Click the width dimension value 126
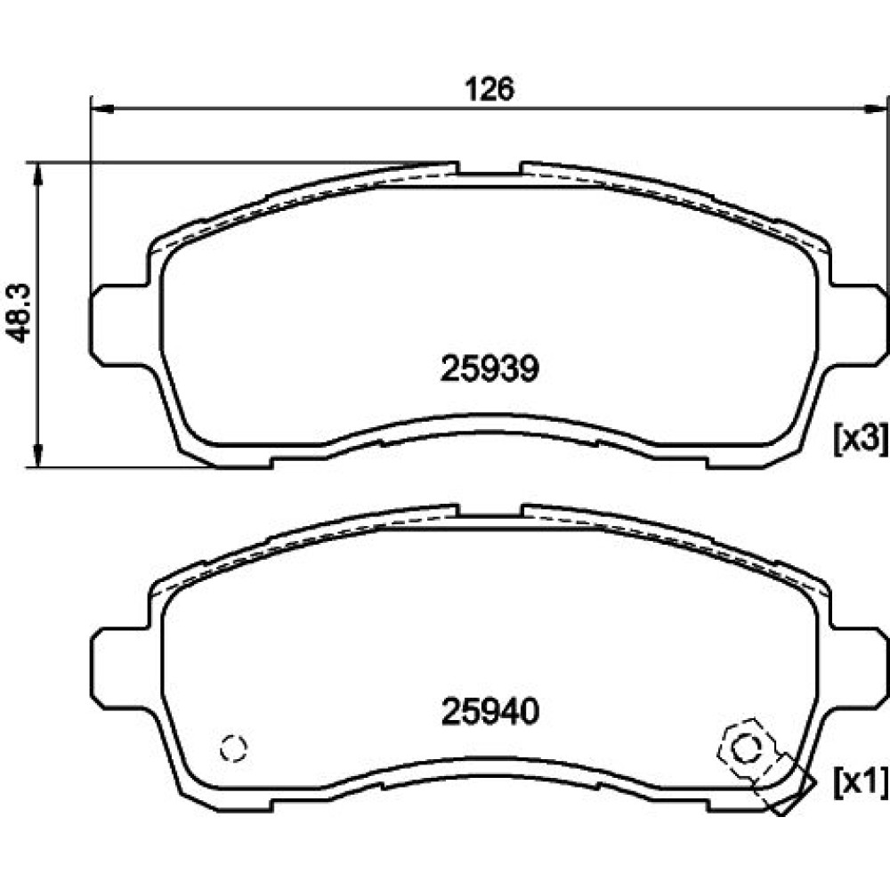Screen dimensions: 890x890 (x=489, y=89)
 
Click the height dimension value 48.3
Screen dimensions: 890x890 (x=18, y=312)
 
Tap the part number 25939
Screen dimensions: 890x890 (x=489, y=369)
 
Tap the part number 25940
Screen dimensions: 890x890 (x=489, y=711)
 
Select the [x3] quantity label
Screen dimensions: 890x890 (x=860, y=439)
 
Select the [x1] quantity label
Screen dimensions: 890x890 (x=860, y=782)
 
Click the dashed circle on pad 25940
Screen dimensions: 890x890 (x=234, y=748)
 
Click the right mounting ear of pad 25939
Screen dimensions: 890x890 (x=858, y=324)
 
